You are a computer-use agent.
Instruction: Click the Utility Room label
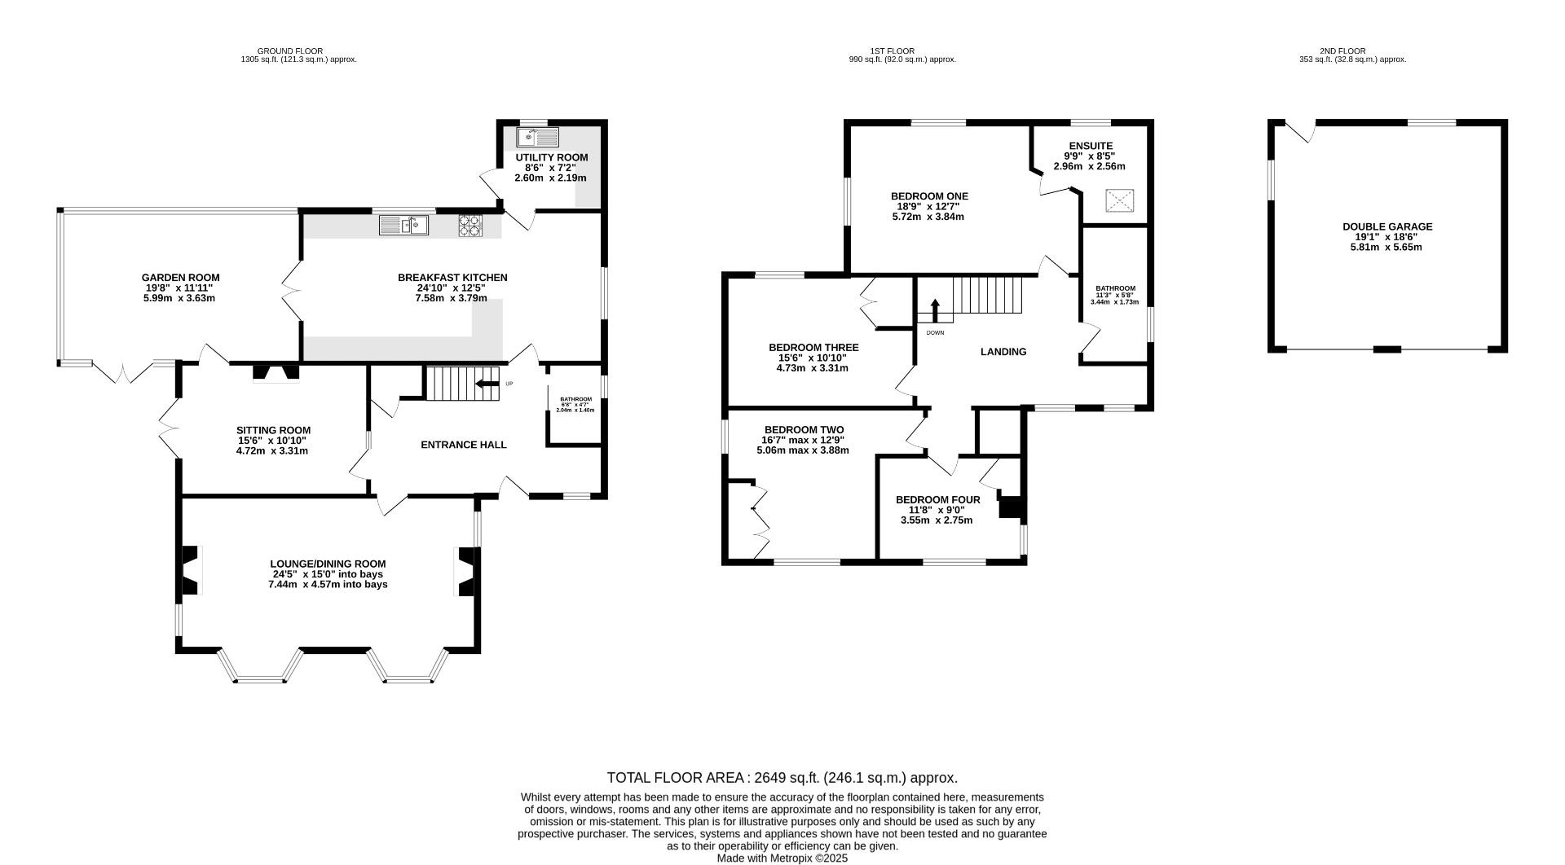point(551,157)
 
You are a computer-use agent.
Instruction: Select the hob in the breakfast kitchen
point(470,225)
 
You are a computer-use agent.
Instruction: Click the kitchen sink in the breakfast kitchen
point(403,225)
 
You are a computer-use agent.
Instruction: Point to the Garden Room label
point(180,278)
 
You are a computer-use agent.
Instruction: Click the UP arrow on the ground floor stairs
point(487,384)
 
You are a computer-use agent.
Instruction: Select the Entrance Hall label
point(464,445)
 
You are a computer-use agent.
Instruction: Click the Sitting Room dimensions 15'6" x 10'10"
point(273,441)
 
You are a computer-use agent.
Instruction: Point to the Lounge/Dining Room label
point(328,564)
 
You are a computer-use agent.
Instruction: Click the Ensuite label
point(1091,146)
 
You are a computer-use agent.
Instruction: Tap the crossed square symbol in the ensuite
point(1119,200)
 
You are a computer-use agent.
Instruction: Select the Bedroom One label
point(929,196)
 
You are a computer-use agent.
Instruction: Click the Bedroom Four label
point(937,500)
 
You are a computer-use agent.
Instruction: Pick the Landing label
point(1003,352)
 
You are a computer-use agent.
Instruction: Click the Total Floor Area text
point(782,778)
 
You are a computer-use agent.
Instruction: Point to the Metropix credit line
point(782,858)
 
